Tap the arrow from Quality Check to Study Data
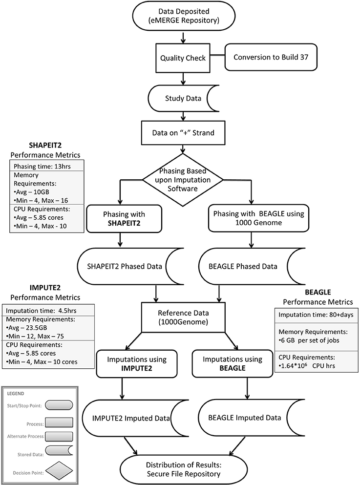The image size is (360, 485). coord(182,78)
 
